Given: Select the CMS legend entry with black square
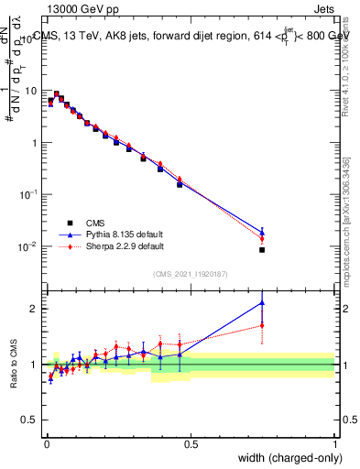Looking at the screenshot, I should click(68, 222).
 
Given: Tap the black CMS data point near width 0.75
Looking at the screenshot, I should click(262, 249).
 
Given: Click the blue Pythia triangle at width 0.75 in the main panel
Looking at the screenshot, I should click(262, 233).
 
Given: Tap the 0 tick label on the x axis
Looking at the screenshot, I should click(46, 443).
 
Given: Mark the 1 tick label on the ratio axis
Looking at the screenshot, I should click(37, 365).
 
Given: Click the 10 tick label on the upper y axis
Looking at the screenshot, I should click(34, 91).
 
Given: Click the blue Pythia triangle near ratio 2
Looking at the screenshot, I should click(262, 303).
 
